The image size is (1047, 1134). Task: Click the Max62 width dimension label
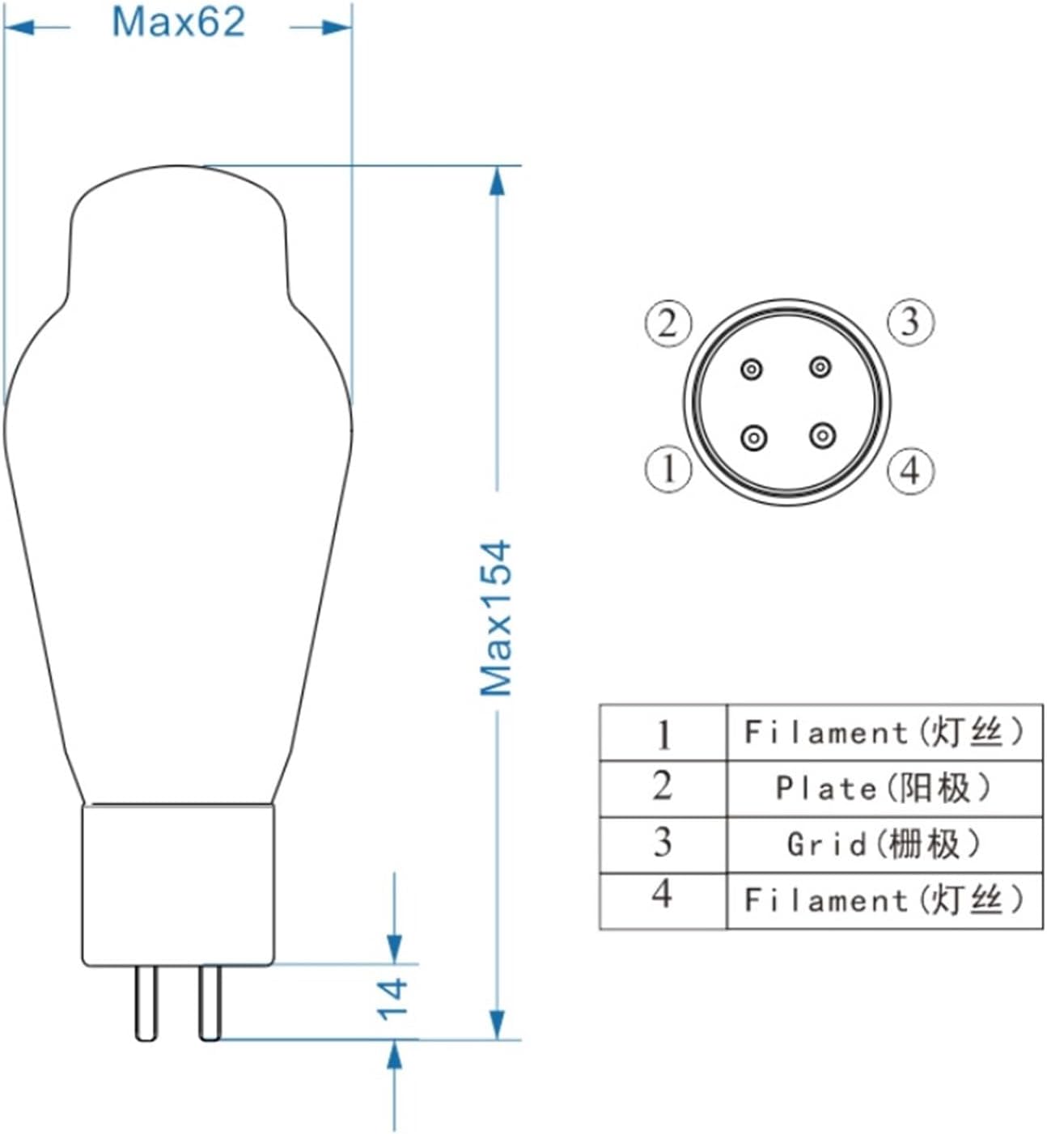click(178, 22)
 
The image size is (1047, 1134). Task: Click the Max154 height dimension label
click(496, 618)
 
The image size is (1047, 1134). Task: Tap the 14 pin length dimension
click(393, 999)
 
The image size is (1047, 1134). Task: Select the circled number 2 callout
click(668, 324)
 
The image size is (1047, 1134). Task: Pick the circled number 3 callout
click(910, 322)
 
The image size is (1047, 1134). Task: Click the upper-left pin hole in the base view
click(752, 370)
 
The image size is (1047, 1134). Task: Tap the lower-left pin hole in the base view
click(753, 438)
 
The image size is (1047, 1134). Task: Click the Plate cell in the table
click(884, 788)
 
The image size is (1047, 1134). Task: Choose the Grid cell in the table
click(884, 844)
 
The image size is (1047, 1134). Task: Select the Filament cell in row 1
click(884, 733)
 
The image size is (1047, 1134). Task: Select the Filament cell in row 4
click(884, 900)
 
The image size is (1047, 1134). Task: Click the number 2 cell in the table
click(663, 787)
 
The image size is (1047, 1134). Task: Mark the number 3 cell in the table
click(663, 843)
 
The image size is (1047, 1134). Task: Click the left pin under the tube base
click(146, 1003)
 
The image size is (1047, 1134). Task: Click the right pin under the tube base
click(210, 1003)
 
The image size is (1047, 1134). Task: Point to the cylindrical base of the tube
click(178, 885)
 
